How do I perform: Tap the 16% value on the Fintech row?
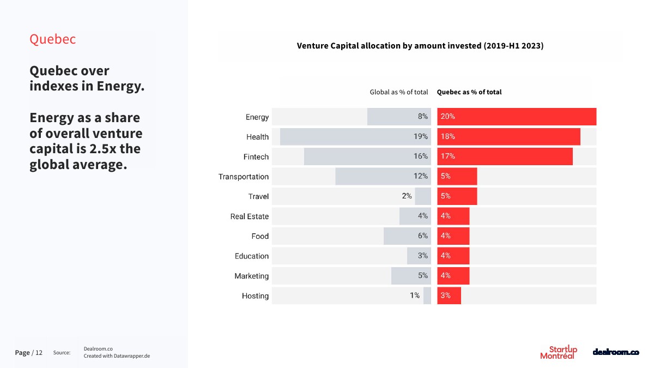(420, 156)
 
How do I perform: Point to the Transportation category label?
(244, 177)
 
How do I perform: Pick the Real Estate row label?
(249, 216)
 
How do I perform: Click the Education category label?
(252, 256)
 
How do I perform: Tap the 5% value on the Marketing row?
(423, 276)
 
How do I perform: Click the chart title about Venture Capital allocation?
(420, 46)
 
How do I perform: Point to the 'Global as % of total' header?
(399, 92)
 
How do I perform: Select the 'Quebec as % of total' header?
(469, 92)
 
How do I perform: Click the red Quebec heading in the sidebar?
(52, 39)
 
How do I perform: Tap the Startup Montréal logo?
(559, 352)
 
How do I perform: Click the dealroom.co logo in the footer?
(615, 352)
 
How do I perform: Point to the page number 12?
(39, 353)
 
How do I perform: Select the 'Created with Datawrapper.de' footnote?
(117, 356)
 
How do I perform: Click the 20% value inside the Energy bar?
(448, 117)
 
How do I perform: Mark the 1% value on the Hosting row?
(415, 295)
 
